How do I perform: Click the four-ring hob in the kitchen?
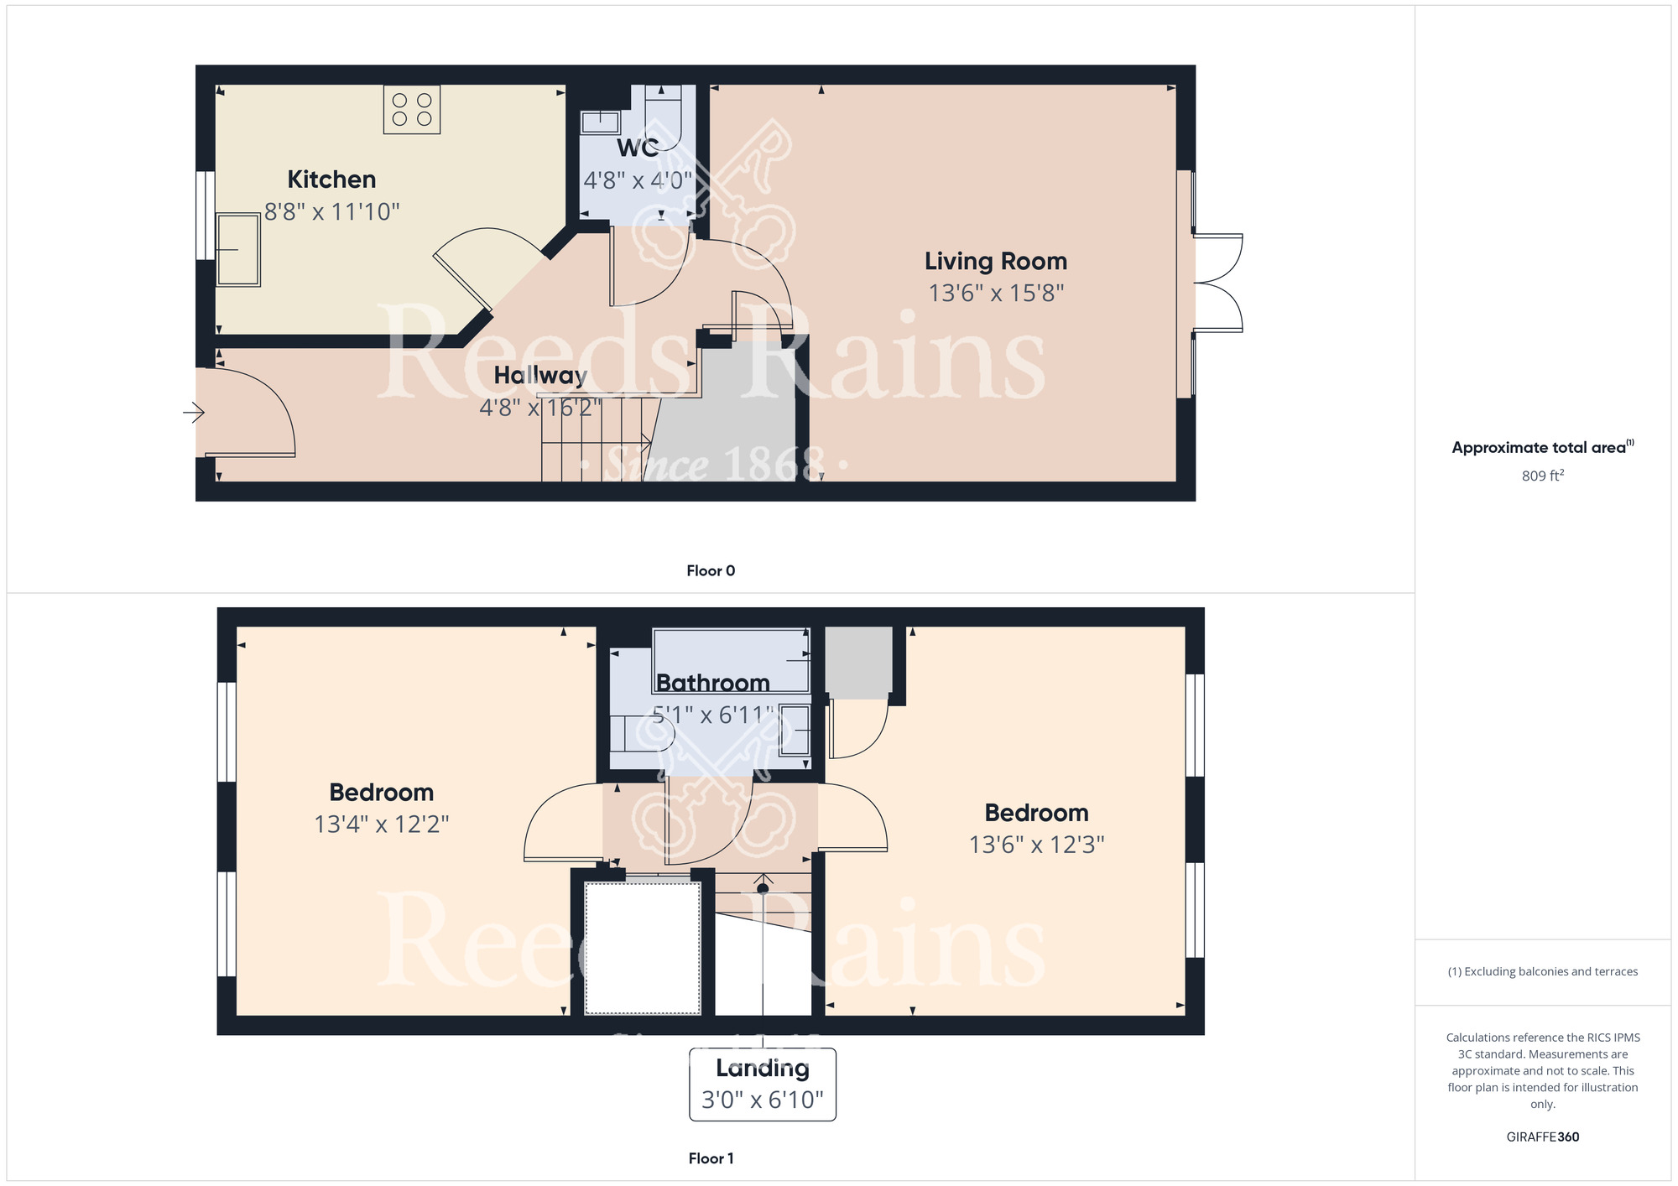412,110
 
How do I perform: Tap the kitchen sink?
238,250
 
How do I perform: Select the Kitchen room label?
331,179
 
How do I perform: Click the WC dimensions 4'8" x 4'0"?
638,180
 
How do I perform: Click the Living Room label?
996,262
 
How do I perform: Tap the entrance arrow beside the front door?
194,412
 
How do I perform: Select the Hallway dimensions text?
540,408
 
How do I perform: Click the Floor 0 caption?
711,570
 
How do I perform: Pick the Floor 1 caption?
711,1158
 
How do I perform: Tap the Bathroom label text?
712,683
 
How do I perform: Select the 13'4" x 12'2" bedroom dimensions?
382,824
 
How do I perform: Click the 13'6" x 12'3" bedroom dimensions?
1036,845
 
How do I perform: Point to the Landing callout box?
762,1084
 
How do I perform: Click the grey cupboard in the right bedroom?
858,662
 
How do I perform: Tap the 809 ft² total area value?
1542,476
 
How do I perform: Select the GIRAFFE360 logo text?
1542,1137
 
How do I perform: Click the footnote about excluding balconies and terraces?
1542,971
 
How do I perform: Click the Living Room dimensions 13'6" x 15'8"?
996,294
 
